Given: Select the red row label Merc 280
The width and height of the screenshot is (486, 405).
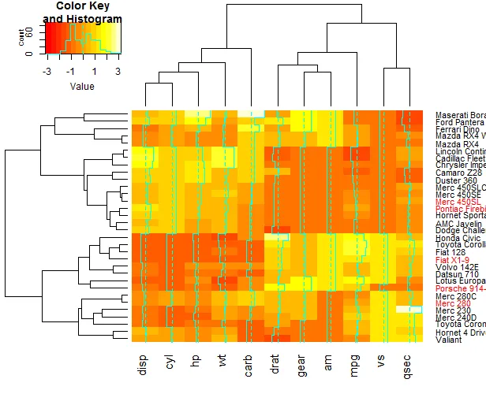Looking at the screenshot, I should coord(453,303).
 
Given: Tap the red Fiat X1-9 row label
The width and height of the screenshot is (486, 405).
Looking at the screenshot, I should coord(452,259).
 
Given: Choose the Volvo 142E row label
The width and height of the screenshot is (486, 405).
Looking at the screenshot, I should coord(454,267).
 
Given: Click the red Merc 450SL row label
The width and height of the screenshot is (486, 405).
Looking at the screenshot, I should coord(454,202).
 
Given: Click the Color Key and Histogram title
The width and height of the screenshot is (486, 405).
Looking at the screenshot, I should coord(82,13).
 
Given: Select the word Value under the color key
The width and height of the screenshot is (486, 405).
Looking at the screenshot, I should coord(82,86).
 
